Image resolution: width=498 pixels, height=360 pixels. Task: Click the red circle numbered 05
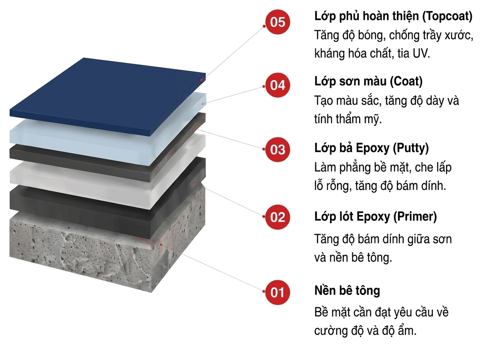(x=278, y=22)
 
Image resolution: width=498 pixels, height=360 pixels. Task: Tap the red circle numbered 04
(x=278, y=85)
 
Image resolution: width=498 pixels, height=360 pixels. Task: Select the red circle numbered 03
(x=278, y=149)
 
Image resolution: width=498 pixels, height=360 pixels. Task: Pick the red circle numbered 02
(x=278, y=217)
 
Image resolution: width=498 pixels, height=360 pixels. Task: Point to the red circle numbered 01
(x=278, y=292)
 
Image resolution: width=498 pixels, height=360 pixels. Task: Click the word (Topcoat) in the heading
(x=447, y=17)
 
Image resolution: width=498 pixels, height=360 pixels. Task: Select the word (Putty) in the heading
(x=411, y=148)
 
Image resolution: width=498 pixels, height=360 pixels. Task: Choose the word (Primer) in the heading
(x=415, y=217)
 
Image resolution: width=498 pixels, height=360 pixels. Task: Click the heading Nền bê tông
(x=347, y=290)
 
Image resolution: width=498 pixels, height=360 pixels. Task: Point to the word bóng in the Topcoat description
(x=372, y=36)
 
